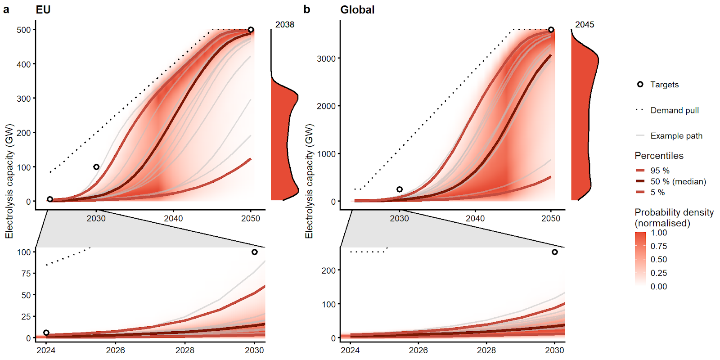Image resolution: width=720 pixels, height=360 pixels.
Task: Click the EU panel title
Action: (x=43, y=9)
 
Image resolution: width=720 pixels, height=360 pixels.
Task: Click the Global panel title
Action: (x=357, y=9)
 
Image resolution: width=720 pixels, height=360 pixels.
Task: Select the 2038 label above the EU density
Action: (x=285, y=25)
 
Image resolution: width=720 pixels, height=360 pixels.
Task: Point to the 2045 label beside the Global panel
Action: (x=585, y=25)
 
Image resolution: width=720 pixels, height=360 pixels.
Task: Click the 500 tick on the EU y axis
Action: (x=23, y=30)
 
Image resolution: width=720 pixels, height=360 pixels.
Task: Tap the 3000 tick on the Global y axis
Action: (x=326, y=58)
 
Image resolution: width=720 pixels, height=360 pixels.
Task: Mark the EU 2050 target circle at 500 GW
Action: (x=251, y=30)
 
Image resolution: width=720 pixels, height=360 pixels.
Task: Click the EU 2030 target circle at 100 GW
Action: (x=96, y=167)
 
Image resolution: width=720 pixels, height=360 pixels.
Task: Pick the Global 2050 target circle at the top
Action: (x=551, y=30)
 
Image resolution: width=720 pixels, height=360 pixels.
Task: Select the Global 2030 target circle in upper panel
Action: (x=400, y=189)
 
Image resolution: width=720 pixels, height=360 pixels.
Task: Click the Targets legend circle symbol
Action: (x=640, y=84)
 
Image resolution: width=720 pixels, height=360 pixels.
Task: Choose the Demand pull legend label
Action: (x=675, y=110)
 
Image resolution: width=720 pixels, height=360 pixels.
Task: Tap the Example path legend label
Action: (x=676, y=136)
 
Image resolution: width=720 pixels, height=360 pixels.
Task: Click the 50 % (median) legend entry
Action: (x=678, y=181)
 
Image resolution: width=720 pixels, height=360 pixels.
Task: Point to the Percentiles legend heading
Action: (x=659, y=156)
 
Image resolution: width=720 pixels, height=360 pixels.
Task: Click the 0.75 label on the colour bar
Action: (x=659, y=246)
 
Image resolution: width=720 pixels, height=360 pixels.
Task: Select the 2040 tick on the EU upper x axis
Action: (x=173, y=218)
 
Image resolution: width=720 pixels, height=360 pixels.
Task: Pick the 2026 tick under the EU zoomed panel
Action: (x=115, y=350)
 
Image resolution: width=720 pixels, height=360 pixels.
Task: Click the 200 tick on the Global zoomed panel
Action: (x=328, y=270)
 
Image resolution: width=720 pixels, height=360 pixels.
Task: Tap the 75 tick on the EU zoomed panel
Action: (x=26, y=274)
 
